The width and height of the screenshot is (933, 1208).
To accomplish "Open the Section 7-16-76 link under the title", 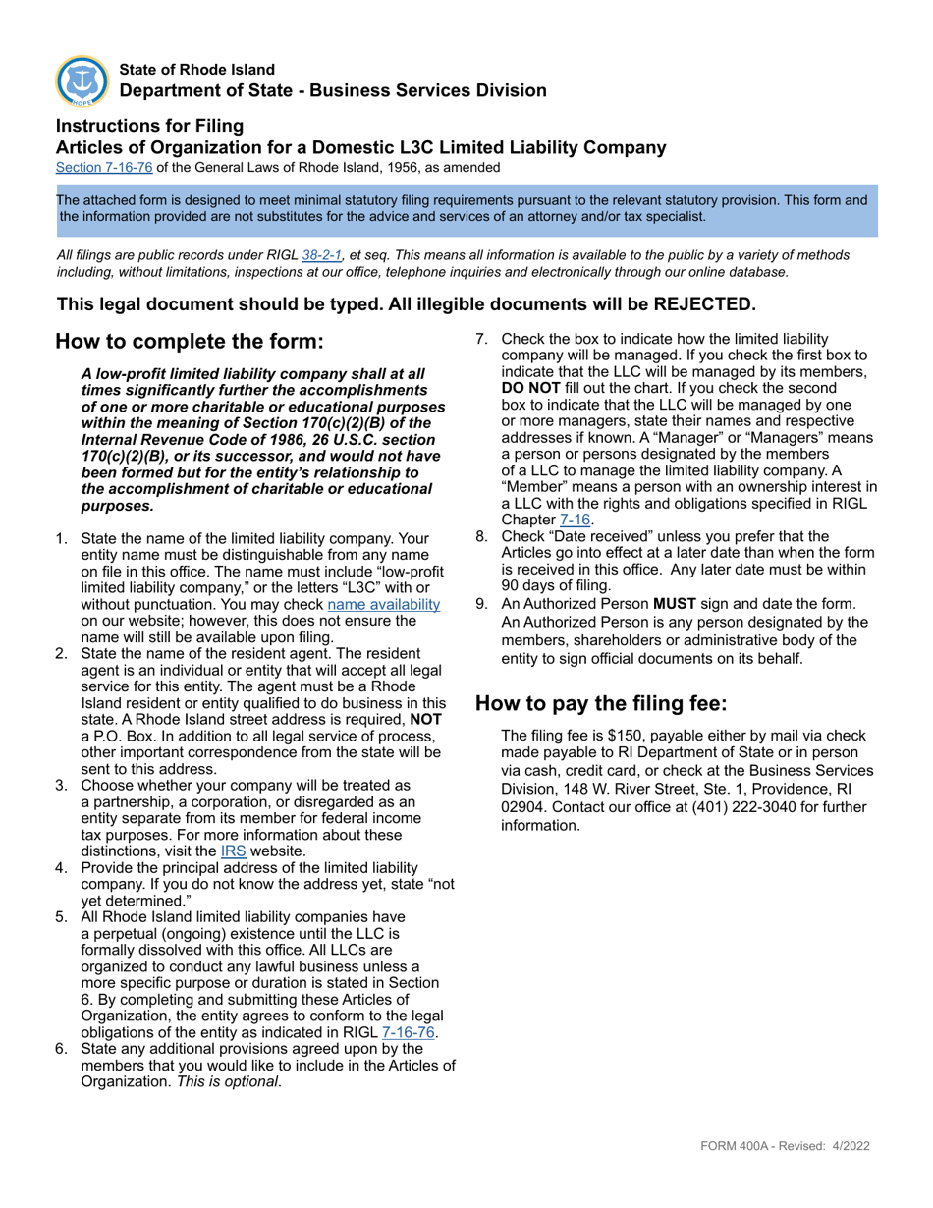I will click(x=104, y=168).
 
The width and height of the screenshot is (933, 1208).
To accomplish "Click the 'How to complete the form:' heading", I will click(x=189, y=342).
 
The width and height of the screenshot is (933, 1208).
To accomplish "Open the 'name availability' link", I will click(x=383, y=605).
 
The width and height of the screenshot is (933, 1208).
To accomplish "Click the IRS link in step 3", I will click(x=233, y=851).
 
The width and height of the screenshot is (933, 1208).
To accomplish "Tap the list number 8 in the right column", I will click(x=481, y=536).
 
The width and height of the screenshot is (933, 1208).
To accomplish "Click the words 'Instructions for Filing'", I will click(x=149, y=126).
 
